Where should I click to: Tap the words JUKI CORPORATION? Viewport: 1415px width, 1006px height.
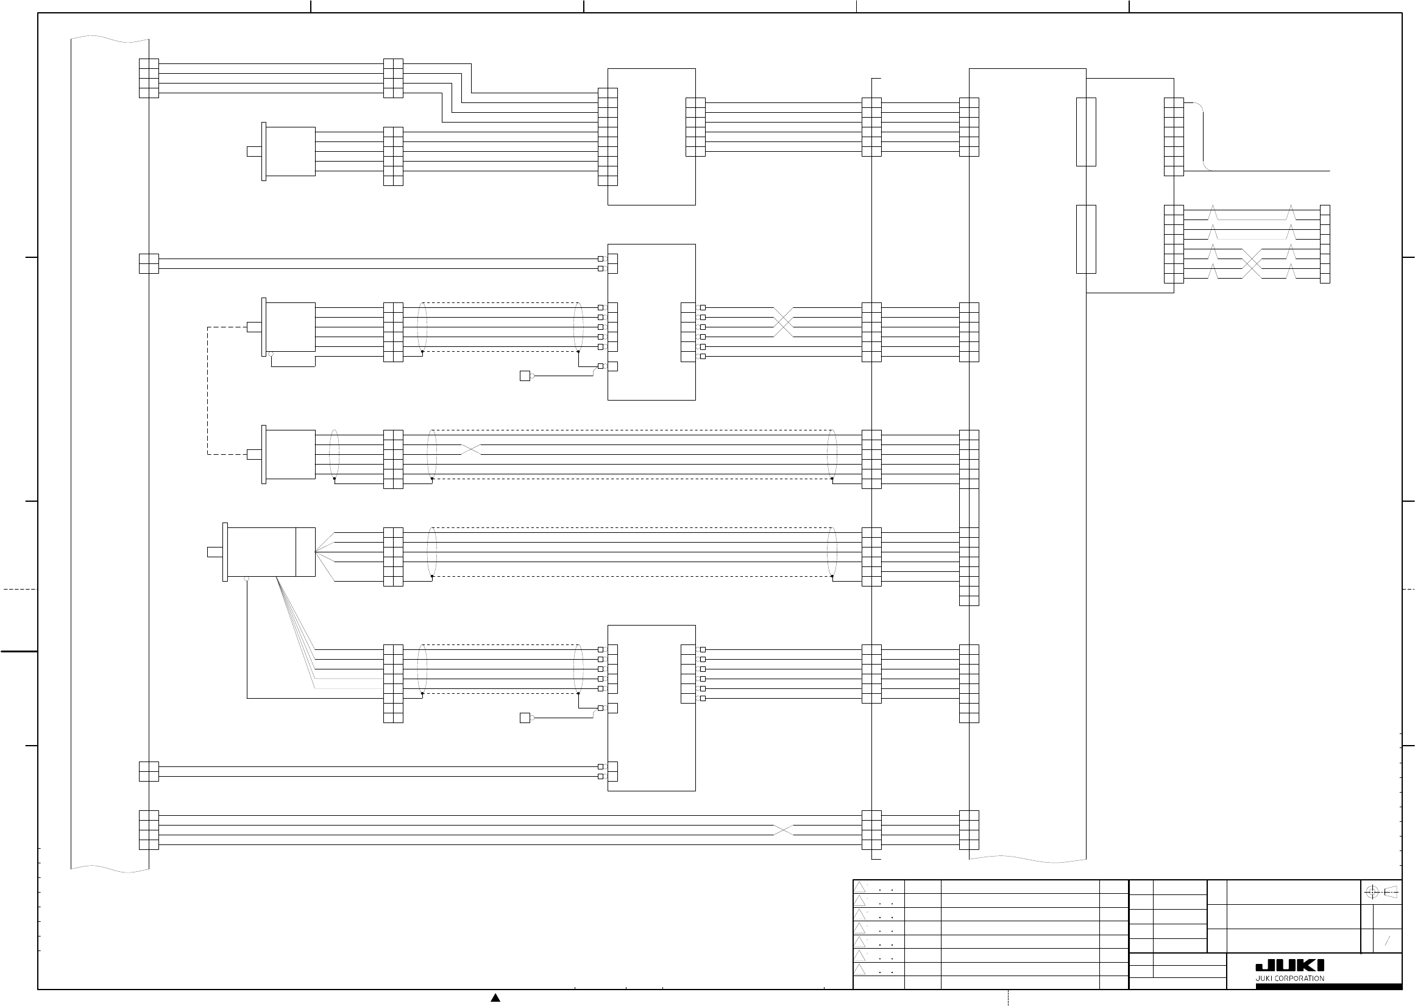(1289, 979)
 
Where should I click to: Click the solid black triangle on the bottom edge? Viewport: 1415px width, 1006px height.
(495, 997)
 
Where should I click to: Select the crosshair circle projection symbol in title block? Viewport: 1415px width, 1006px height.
(1372, 893)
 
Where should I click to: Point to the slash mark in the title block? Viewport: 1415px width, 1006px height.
(1387, 940)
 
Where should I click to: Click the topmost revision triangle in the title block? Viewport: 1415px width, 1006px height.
(860, 886)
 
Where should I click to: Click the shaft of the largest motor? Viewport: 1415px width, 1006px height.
(215, 552)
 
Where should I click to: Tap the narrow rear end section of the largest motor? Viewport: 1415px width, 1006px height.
(305, 552)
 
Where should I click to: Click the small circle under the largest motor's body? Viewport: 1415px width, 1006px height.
(247, 579)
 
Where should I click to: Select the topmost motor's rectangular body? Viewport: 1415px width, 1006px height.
(290, 151)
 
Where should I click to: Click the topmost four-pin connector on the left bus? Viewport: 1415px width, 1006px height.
(149, 78)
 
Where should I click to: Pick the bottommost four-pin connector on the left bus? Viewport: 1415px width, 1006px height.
(149, 829)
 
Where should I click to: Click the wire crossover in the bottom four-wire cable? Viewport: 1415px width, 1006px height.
(783, 830)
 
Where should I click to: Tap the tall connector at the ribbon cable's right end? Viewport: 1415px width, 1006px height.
(1325, 244)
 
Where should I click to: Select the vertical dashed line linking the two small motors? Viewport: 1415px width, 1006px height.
(207, 390)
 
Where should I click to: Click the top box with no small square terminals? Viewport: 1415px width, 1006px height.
(651, 137)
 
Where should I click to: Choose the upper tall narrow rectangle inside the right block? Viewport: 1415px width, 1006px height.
(1086, 131)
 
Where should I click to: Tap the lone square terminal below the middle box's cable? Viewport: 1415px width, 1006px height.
(525, 376)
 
